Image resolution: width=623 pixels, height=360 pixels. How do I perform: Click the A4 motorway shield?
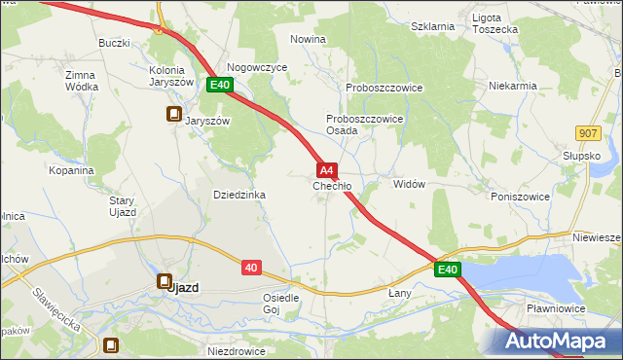pyautogui.click(x=328, y=169)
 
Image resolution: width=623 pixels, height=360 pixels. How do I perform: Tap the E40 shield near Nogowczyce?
pyautogui.click(x=220, y=86)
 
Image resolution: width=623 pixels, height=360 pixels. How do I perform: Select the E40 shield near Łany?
pyautogui.click(x=447, y=270)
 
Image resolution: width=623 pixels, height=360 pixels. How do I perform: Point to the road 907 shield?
pyautogui.click(x=587, y=132)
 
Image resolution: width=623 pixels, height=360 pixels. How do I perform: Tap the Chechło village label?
pyautogui.click(x=332, y=185)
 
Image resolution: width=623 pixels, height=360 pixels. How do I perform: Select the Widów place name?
pyautogui.click(x=409, y=184)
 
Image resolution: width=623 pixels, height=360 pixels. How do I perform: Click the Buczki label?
pyautogui.click(x=114, y=44)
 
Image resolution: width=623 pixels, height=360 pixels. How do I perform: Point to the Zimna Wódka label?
pyautogui.click(x=82, y=81)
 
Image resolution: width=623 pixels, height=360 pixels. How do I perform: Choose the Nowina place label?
pyautogui.click(x=308, y=39)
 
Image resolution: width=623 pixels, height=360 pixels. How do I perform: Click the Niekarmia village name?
pyautogui.click(x=514, y=86)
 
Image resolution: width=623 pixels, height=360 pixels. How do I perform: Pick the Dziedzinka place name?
pyautogui.click(x=239, y=195)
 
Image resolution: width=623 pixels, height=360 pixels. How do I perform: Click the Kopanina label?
pyautogui.click(x=70, y=169)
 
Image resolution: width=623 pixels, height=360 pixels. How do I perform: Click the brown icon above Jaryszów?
pyautogui.click(x=173, y=114)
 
